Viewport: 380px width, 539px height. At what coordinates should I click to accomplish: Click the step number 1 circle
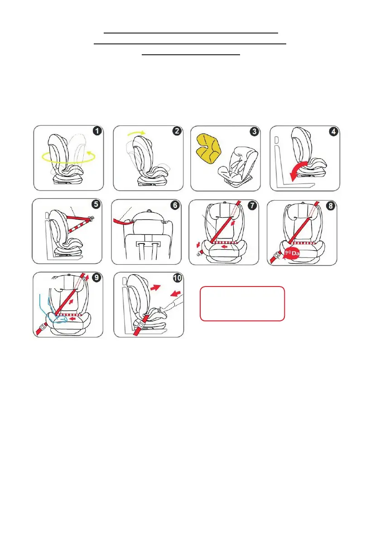point(96,131)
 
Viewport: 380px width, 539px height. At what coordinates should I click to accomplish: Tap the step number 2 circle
point(176,131)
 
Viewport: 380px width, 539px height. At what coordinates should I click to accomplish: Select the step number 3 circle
point(254,132)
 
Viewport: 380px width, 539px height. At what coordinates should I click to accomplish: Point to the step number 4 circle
point(333,132)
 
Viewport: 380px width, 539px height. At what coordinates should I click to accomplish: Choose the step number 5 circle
point(96,204)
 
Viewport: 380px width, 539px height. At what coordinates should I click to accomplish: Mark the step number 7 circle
point(252,205)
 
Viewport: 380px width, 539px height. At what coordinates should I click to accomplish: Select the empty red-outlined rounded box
point(242,303)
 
